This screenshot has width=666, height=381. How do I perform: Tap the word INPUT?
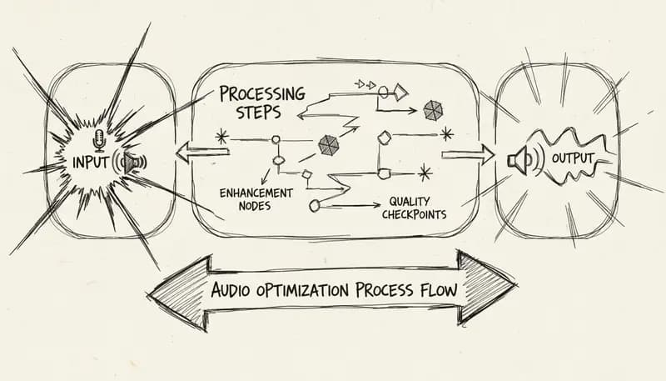[91, 161]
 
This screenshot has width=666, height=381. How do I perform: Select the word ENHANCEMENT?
[256, 193]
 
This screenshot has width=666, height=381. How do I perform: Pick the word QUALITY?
[410, 203]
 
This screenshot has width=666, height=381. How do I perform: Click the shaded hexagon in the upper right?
[433, 109]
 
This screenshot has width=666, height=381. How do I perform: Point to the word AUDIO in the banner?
[232, 293]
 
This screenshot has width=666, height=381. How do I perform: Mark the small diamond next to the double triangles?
[403, 90]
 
